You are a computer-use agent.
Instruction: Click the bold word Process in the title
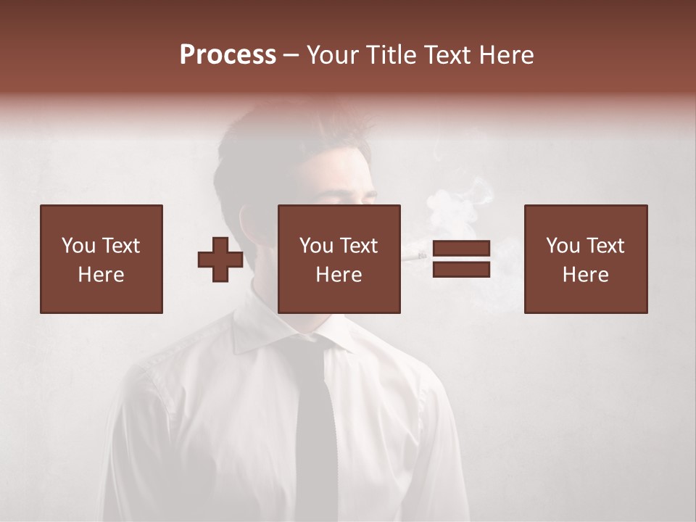tap(228, 55)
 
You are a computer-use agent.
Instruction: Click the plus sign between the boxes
tap(220, 260)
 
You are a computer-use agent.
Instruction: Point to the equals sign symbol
tap(461, 260)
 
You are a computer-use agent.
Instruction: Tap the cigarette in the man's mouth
tap(415, 255)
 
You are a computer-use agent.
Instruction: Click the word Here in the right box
tap(586, 275)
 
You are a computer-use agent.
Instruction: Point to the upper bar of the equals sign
tap(461, 249)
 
